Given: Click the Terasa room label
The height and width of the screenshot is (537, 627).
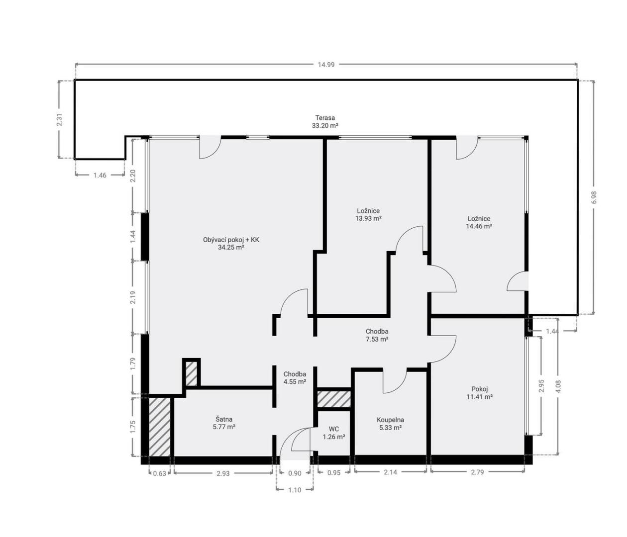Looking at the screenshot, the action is click(x=325, y=117).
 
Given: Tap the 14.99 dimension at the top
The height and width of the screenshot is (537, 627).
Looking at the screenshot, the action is click(x=326, y=65).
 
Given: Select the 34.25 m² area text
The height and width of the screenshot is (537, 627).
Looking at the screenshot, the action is click(x=231, y=247).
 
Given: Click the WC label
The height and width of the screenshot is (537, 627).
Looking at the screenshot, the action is click(x=334, y=429).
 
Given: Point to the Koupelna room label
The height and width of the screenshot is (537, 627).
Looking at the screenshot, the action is click(x=390, y=420).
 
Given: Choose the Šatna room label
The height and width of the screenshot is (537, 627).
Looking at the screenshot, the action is click(x=224, y=419).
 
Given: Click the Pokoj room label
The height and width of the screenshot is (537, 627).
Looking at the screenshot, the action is click(x=479, y=389).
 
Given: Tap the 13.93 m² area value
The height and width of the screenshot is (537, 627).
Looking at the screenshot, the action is click(x=368, y=218).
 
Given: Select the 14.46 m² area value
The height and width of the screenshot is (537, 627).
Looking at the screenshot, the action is click(x=479, y=226).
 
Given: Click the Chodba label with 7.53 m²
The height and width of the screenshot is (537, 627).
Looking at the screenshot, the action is click(x=377, y=332).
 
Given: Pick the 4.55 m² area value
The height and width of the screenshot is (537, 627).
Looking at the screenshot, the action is click(x=295, y=382).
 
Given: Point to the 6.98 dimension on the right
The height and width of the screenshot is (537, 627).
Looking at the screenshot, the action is click(x=594, y=197).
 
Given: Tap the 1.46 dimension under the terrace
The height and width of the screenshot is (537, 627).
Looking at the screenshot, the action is click(x=100, y=175).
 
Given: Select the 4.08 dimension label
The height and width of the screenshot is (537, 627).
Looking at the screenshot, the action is click(x=558, y=386).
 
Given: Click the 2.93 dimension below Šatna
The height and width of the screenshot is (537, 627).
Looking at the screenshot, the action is click(x=223, y=473).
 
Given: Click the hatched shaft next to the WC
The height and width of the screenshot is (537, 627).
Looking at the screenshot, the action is click(x=334, y=399).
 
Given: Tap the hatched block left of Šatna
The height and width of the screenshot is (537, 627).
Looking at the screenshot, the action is click(x=160, y=427).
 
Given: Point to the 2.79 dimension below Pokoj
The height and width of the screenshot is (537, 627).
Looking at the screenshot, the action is click(x=477, y=472).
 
